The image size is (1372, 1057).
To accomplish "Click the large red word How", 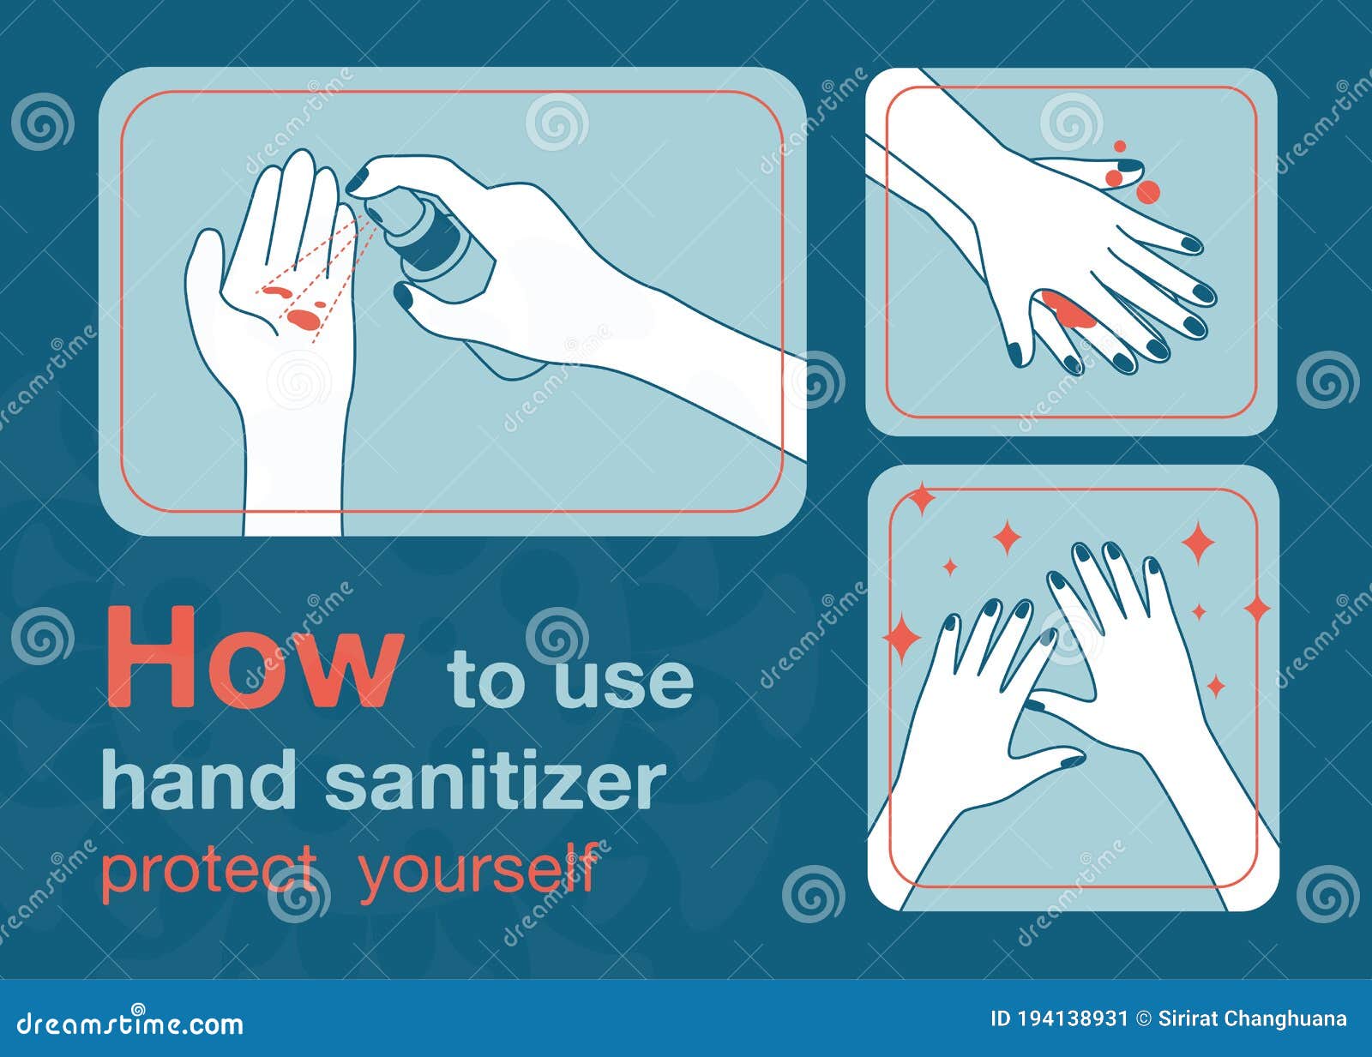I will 253,659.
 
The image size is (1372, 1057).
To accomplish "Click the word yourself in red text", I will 478,868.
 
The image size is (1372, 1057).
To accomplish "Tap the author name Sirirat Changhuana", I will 1252,1019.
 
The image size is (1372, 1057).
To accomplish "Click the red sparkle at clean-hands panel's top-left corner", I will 921,498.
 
